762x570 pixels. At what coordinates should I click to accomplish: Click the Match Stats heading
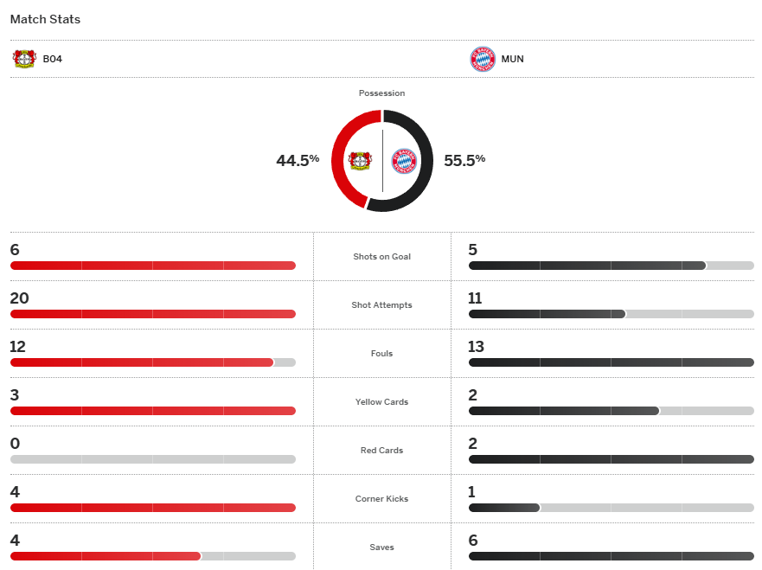coord(45,19)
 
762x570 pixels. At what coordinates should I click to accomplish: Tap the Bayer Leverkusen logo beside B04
coord(24,59)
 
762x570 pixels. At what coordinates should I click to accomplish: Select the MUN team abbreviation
coord(512,60)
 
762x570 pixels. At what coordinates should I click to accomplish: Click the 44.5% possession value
coord(298,160)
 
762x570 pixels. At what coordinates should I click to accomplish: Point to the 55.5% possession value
coord(464,160)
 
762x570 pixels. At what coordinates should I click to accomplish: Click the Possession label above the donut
coord(381,93)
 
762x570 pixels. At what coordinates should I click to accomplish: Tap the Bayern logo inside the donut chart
coord(404,161)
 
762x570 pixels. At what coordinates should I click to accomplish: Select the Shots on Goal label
coord(381,257)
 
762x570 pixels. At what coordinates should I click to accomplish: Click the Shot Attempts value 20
coord(19,298)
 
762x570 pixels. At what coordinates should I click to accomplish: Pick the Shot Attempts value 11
coord(475,298)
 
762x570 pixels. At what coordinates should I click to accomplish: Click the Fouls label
coord(381,354)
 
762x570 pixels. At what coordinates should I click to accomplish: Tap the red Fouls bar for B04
coord(142,362)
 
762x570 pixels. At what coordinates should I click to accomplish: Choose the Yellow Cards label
coord(381,402)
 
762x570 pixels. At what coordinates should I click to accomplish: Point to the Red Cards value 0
coord(15,444)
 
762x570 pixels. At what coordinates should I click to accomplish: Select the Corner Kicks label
coord(381,499)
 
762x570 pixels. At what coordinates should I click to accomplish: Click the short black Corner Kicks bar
coord(504,508)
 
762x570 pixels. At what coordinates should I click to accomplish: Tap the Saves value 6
coord(472,541)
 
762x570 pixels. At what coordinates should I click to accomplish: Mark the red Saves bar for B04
coord(106,556)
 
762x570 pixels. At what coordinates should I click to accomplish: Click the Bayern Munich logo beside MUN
coord(483,60)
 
